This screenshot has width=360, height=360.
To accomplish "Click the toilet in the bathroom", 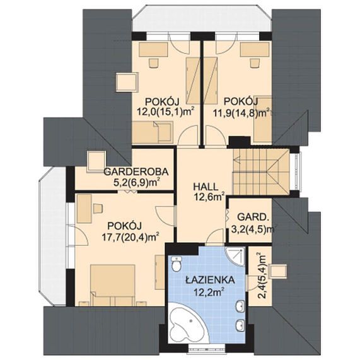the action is [177, 264].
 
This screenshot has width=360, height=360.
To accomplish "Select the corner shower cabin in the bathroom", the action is [235, 257].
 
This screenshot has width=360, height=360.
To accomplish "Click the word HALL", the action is [206, 187].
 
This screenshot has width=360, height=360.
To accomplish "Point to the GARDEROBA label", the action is [136, 171].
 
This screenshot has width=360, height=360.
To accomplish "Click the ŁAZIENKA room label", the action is [210, 280].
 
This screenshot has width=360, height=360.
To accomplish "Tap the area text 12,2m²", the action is [209, 292].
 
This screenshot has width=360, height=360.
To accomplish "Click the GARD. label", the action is [253, 217].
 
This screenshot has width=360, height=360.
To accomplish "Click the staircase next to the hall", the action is [261, 171].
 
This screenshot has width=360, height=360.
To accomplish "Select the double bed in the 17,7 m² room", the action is [112, 286].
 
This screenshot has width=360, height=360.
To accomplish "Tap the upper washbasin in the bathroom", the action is [240, 306].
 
